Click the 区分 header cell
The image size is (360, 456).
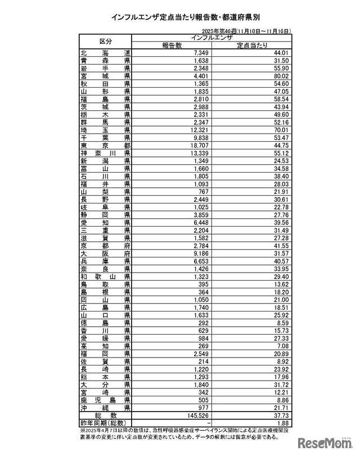pyautogui.click(x=106, y=42)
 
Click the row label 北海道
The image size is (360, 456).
pyautogui.click(x=106, y=53)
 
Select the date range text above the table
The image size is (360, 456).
pyautogui.click(x=248, y=32)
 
